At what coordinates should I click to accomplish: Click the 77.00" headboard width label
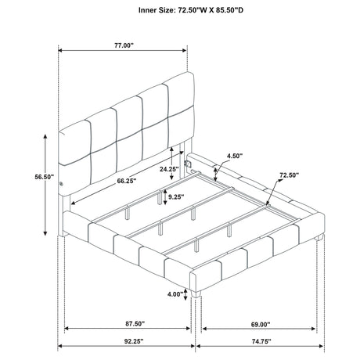pyautogui.click(x=124, y=45)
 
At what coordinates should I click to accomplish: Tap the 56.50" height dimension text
pyautogui.click(x=44, y=177)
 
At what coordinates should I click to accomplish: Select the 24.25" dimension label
pyautogui.click(x=169, y=169)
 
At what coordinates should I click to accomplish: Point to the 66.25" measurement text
pyautogui.click(x=127, y=181)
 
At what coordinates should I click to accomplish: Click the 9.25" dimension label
pyautogui.click(x=176, y=196)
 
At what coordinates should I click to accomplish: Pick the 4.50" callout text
pyautogui.click(x=235, y=156)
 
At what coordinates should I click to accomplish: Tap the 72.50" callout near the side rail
pyautogui.click(x=289, y=175)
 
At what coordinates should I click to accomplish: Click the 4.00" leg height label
pyautogui.click(x=175, y=294)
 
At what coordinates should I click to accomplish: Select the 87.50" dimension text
pyautogui.click(x=135, y=324)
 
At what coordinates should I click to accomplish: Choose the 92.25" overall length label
pyautogui.click(x=134, y=341)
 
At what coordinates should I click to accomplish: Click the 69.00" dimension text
pyautogui.click(x=261, y=325)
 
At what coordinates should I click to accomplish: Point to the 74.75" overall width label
pyautogui.click(x=261, y=341)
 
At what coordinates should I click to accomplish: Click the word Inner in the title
pyautogui.click(x=147, y=10)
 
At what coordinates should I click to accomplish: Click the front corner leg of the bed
pyautogui.click(x=196, y=293)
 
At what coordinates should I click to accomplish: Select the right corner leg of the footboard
pyautogui.click(x=319, y=237)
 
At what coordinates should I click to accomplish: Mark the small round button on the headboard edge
pyautogui.click(x=61, y=184)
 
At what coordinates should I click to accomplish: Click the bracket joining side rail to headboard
pyautogui.click(x=187, y=164)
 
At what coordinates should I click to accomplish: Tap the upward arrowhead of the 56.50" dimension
pyautogui.click(x=45, y=137)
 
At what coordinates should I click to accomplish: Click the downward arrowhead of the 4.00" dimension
pyautogui.click(x=185, y=298)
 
